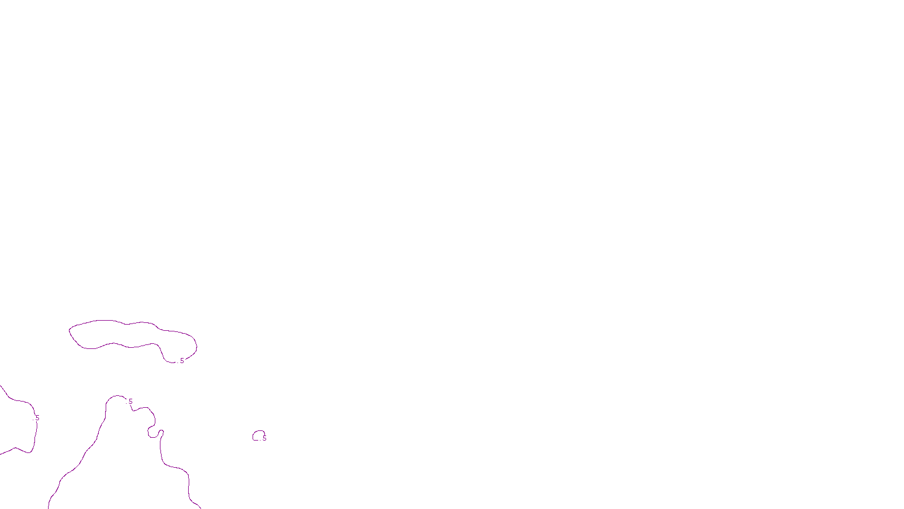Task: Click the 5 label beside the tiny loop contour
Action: tap(264, 438)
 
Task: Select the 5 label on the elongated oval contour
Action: tap(182, 361)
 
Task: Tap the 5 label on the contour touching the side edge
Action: tap(37, 419)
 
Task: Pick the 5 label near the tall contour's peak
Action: tap(131, 402)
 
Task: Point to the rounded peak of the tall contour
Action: tap(116, 396)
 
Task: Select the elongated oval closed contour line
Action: tap(113, 321)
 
